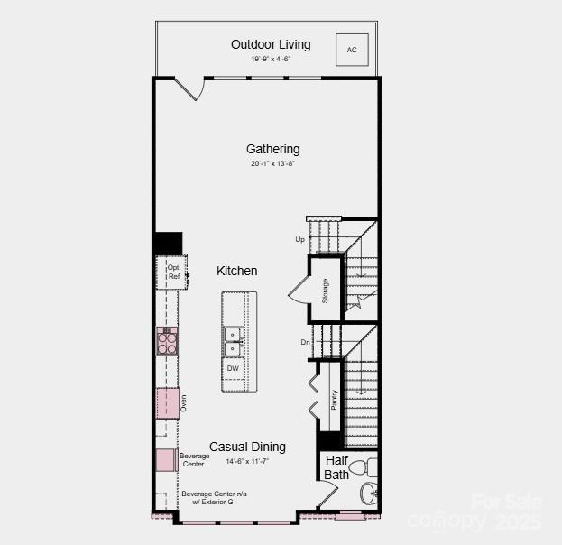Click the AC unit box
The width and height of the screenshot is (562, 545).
352,50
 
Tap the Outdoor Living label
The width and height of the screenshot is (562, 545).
271,44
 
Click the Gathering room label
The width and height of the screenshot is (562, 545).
273,149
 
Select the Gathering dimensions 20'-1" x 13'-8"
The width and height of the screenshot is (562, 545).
273,164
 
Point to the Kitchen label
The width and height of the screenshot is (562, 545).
237,271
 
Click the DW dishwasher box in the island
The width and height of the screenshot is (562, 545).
233,368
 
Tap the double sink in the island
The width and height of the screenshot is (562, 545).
233,341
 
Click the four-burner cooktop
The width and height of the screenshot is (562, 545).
167,341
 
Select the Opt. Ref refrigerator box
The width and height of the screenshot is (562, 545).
173,272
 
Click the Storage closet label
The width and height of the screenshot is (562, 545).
326,291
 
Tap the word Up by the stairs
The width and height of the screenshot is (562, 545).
299,239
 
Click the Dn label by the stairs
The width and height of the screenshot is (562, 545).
306,342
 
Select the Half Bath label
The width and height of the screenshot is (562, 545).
336,467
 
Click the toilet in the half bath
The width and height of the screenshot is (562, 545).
361,468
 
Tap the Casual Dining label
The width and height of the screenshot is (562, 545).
248,447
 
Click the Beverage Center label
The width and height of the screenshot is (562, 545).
195,460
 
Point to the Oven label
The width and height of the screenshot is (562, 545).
183,402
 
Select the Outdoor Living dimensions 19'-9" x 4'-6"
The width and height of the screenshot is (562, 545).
271,60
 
